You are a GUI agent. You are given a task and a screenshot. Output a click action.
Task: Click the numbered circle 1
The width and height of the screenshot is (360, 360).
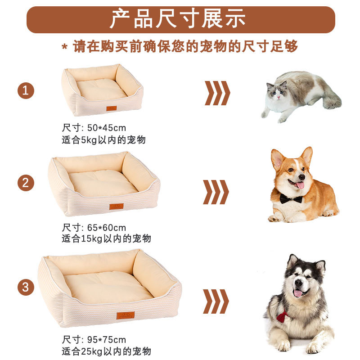click(26, 90)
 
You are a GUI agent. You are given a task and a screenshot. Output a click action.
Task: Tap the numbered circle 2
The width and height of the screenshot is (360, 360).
click(26, 183)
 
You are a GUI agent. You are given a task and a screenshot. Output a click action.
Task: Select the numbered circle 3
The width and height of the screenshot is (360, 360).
click(26, 287)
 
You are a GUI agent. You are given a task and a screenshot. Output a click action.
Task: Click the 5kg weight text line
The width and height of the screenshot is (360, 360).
click(103, 140)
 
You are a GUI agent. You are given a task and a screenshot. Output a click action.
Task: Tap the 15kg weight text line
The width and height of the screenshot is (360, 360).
click(106, 239)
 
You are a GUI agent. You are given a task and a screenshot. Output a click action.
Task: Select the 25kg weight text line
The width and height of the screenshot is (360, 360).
click(106, 351)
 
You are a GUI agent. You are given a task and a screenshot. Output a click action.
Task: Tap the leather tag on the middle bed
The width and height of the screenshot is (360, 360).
click(116, 207)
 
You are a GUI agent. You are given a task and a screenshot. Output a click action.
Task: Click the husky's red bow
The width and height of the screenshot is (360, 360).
click(282, 315)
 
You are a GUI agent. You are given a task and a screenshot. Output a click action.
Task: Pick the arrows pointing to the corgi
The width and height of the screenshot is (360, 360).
click(216, 192)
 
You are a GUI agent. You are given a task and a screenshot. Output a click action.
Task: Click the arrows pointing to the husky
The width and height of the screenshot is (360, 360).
click(216, 301)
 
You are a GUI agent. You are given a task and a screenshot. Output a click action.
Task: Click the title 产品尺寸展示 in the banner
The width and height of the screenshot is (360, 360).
click(180, 19)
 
